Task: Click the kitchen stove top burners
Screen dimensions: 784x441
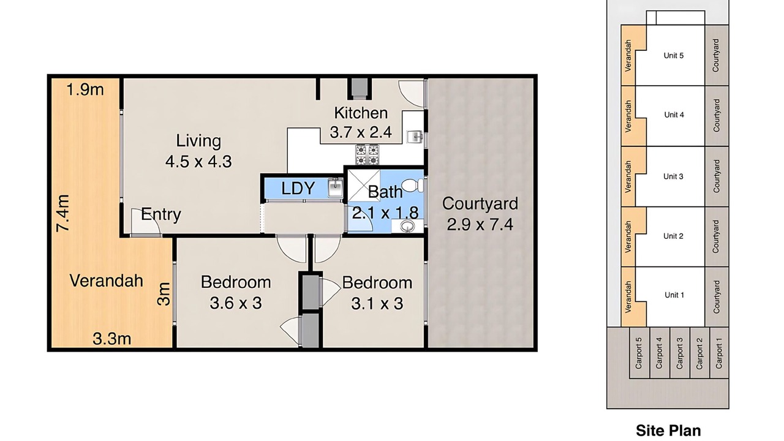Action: coord(367,155)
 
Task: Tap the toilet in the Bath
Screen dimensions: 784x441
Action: coord(412,185)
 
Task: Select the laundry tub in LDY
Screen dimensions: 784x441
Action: coord(335,187)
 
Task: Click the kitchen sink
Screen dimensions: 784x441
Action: coord(415,137)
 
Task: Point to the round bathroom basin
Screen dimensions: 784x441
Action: coord(407,227)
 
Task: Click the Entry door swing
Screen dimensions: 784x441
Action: coord(146,222)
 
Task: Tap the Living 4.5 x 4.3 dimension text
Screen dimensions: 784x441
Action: coord(198,162)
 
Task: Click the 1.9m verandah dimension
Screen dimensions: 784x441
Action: coord(85,90)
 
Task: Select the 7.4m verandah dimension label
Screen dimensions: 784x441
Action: coord(63,213)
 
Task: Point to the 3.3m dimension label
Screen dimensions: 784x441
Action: coord(112,339)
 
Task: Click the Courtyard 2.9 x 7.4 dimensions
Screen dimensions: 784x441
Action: coord(480,224)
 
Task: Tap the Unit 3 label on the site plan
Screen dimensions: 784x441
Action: coord(673,176)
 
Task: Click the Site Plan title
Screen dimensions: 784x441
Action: coord(668,431)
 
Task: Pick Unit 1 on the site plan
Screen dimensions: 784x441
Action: coord(674,295)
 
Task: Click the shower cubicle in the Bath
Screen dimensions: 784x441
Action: coord(364,186)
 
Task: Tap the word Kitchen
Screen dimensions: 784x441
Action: coord(361,113)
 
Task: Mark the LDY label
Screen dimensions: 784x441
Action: coord(298,188)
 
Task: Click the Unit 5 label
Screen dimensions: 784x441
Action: coord(674,56)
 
